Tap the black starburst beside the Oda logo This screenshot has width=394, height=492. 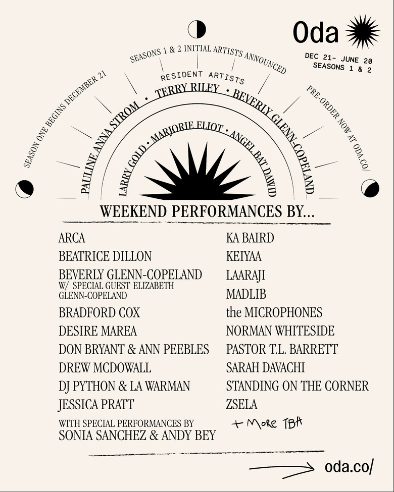coord(363,32)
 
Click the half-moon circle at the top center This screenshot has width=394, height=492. coord(196,29)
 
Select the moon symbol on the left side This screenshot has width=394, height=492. coord(24,189)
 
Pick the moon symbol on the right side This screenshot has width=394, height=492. coord(370,188)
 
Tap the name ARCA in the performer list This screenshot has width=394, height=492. coord(72,238)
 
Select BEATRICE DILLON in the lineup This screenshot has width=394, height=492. coord(105,256)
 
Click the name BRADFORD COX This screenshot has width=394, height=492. coord(99,313)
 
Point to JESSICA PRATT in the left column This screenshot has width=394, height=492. coord(96,404)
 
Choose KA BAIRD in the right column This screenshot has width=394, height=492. coord(250,238)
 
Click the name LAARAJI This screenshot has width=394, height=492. coord(245,276)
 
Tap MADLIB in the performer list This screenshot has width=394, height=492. coord(246,294)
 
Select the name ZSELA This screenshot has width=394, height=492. coord(241,404)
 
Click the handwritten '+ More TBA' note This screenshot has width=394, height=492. coord(267,423)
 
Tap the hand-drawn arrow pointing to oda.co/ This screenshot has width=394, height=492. coord(283,469)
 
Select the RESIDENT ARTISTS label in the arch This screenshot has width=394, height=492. coord(202,77)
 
